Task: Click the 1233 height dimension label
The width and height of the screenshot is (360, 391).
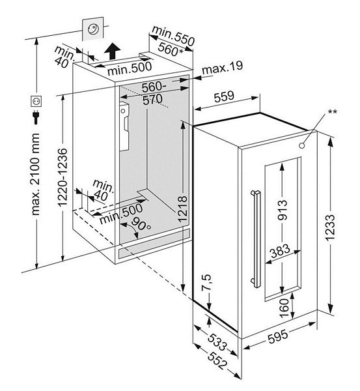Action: (330, 227)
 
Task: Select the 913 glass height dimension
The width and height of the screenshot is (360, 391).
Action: (282, 210)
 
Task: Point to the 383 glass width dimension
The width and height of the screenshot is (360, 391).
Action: (281, 251)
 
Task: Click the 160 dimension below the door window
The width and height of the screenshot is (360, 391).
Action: (284, 308)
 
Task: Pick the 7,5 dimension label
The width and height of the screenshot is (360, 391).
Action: (206, 283)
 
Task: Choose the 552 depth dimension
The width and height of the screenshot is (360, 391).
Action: (217, 360)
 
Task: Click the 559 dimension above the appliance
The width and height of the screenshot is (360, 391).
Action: (224, 96)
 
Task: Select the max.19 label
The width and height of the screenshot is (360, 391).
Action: (222, 67)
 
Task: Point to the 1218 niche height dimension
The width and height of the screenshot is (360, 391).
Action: (183, 209)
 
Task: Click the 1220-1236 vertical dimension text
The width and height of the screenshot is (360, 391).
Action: (62, 177)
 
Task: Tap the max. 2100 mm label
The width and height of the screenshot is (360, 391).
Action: (35, 174)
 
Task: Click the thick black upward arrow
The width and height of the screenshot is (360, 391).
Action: (113, 51)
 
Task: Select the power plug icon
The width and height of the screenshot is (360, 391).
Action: (36, 117)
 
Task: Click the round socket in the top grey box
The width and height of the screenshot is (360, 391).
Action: (92, 29)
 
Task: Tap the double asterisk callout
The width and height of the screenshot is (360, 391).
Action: (333, 111)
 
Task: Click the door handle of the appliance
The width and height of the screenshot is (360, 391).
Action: (256, 239)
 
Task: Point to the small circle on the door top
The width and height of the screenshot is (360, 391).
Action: (302, 145)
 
